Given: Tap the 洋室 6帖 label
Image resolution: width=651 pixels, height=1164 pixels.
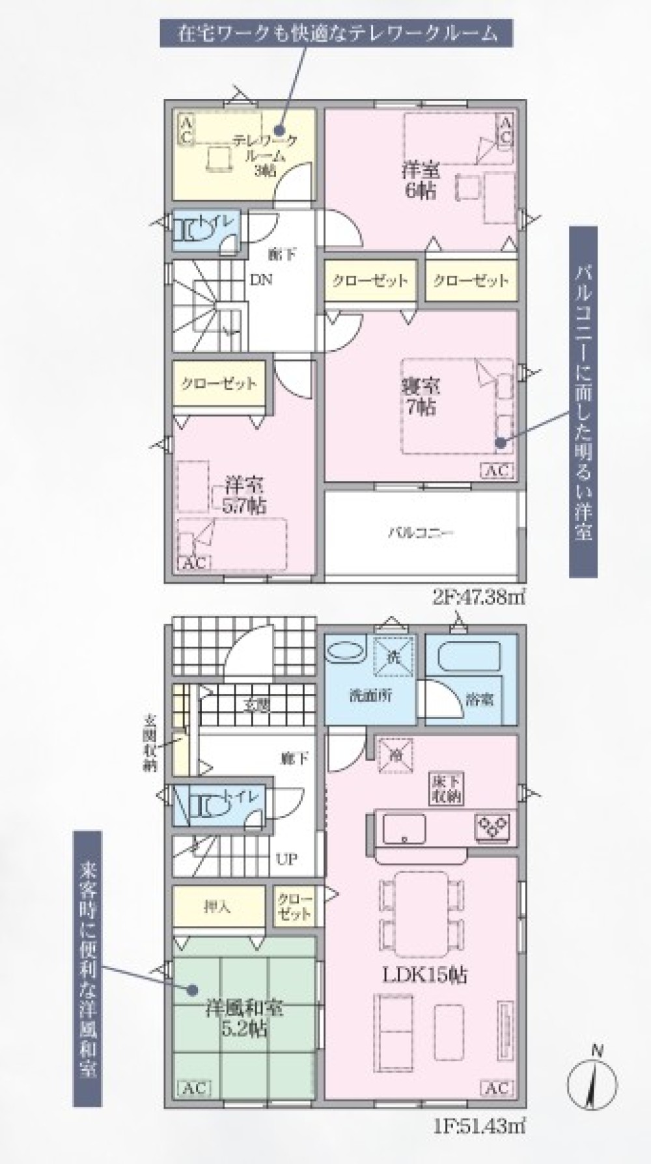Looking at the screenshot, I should (420, 181).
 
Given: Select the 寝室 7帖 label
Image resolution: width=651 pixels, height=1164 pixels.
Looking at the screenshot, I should (420, 396).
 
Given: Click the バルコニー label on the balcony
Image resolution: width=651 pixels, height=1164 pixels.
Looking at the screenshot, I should (421, 533).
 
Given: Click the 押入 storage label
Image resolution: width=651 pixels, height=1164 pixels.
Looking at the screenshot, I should (217, 906).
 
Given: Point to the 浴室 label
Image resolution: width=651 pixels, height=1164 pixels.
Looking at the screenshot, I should (480, 699).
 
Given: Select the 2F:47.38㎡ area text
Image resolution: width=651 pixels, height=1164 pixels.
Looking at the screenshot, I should (478, 597).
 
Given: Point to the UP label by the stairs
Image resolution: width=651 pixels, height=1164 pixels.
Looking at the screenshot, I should (286, 859).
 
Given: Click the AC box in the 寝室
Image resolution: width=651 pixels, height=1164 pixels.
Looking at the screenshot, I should (497, 470).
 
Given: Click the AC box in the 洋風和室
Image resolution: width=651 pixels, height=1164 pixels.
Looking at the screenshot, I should (193, 1088).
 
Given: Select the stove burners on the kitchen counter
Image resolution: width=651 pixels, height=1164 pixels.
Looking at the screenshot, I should (493, 826).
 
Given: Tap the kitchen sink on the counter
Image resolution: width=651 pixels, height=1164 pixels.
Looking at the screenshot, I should (404, 827).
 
